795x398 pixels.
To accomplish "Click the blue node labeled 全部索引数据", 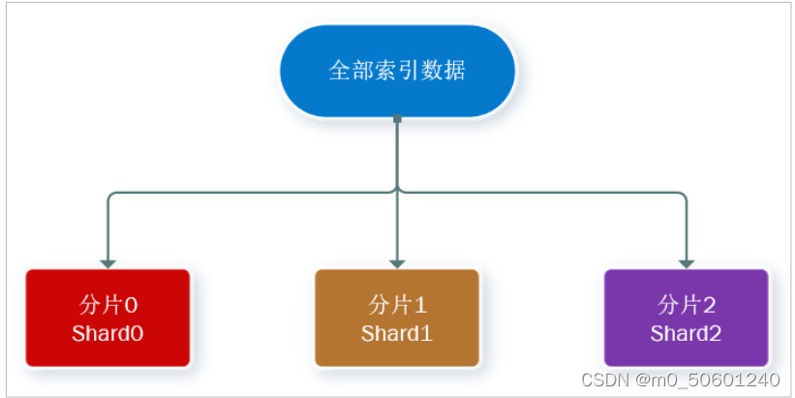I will click(x=397, y=72).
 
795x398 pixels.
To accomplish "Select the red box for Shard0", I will click(x=107, y=319).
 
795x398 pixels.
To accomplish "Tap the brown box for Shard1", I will click(x=397, y=319).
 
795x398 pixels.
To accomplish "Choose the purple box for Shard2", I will click(x=686, y=319).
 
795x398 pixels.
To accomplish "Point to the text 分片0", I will click(x=107, y=305).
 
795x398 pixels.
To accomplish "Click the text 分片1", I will click(x=397, y=305).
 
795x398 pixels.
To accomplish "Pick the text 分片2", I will click(x=686, y=305).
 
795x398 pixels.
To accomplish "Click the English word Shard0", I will click(x=107, y=334).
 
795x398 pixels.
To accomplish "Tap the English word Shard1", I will click(x=397, y=334).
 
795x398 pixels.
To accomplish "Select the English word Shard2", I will click(x=686, y=334).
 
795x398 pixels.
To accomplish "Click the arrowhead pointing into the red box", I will click(x=107, y=262).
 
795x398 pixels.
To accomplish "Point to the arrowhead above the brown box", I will click(x=397, y=262).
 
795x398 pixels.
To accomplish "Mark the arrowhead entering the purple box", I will click(x=686, y=262).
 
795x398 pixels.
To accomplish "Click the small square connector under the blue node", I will click(x=397, y=119).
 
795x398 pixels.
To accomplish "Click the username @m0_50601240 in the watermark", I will click(x=709, y=380).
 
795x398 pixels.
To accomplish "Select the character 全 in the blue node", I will click(x=338, y=72).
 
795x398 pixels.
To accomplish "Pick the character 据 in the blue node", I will click(x=455, y=72).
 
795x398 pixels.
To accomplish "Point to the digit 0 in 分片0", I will click(x=131, y=306).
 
